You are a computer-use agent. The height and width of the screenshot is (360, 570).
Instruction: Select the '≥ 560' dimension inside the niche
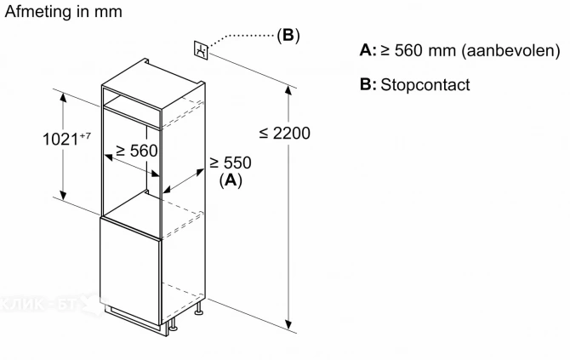[136, 150]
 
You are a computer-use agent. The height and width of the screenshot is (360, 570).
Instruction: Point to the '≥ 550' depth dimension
[231, 162]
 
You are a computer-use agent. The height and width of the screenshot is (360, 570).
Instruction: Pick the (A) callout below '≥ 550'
[231, 180]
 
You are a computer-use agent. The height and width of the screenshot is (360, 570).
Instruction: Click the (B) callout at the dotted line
[288, 36]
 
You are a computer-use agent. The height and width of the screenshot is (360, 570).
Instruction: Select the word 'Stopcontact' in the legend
[425, 85]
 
